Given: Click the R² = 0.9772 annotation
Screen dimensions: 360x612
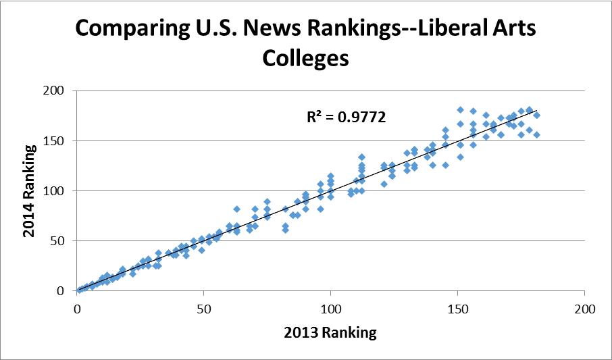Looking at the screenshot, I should (346, 117).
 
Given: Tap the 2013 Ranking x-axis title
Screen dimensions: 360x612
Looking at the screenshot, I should (331, 332).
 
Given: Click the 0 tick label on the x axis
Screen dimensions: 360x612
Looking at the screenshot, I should (78, 309).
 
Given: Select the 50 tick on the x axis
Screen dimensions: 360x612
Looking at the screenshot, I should (204, 309).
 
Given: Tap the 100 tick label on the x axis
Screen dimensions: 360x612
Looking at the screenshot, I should (331, 309).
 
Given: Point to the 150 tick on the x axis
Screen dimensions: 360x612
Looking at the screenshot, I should (457, 309).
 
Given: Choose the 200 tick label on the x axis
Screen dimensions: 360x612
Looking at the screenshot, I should (584, 309).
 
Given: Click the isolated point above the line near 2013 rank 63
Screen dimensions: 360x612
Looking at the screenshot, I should (237, 209).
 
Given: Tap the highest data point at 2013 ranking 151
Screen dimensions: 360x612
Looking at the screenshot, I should (460, 109).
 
